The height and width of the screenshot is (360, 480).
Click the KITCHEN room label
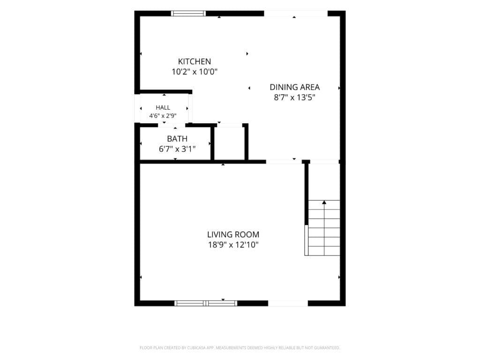[x=195, y=61]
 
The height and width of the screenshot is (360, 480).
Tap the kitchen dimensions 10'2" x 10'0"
[x=195, y=72]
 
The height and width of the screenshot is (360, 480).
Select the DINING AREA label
[x=294, y=87]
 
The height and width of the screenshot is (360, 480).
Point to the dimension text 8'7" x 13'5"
[x=294, y=97]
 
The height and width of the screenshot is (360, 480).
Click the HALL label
[x=163, y=107]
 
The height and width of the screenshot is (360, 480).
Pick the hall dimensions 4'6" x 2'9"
[x=163, y=116]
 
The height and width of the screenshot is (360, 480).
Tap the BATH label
[x=177, y=139]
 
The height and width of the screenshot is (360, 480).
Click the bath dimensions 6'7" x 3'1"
[x=177, y=149]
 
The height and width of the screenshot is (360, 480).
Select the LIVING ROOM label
[x=233, y=234]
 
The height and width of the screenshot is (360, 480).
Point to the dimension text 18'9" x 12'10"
[x=233, y=245]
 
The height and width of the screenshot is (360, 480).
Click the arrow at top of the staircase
[x=324, y=202]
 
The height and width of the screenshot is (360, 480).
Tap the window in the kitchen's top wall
[x=188, y=13]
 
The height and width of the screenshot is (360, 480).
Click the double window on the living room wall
[x=206, y=303]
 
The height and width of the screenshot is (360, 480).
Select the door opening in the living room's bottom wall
[x=288, y=303]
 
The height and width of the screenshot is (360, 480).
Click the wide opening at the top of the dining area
[x=296, y=14]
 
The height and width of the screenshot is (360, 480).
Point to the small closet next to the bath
[x=229, y=143]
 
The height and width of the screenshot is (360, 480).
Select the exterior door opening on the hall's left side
[x=137, y=108]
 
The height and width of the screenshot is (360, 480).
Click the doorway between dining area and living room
[x=284, y=161]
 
